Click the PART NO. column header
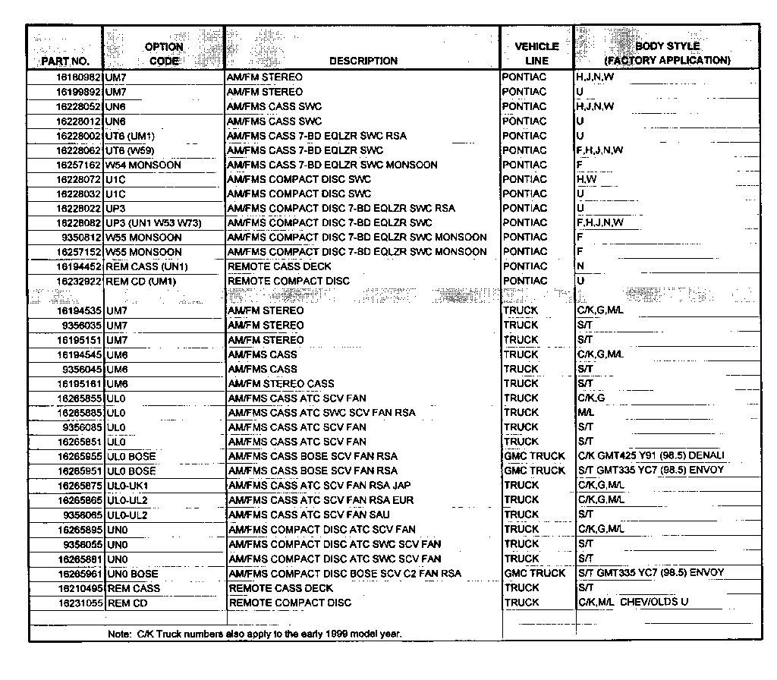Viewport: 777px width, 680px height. pos(66,61)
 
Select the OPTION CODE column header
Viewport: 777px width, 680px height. pos(164,54)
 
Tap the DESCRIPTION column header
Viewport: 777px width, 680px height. pos(363,61)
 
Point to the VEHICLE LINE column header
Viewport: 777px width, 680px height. pos(536,54)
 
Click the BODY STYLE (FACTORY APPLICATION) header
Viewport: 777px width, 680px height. pos(667,53)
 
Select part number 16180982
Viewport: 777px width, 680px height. pos(78,77)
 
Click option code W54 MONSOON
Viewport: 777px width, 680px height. pos(143,165)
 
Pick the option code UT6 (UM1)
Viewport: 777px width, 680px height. pos(130,136)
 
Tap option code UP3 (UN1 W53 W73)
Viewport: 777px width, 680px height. pos(154,223)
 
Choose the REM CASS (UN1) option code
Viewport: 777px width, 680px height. pos(146,266)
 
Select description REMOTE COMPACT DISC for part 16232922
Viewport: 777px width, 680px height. pos(289,281)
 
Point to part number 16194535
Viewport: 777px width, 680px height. pos(78,310)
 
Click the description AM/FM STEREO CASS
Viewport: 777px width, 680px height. pos(281,383)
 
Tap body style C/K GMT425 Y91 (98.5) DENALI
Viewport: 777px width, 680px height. pos(651,455)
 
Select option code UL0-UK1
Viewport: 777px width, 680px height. pos(128,485)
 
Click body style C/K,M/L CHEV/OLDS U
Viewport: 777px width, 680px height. pos(633,603)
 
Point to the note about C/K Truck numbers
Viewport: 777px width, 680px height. pos(255,632)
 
